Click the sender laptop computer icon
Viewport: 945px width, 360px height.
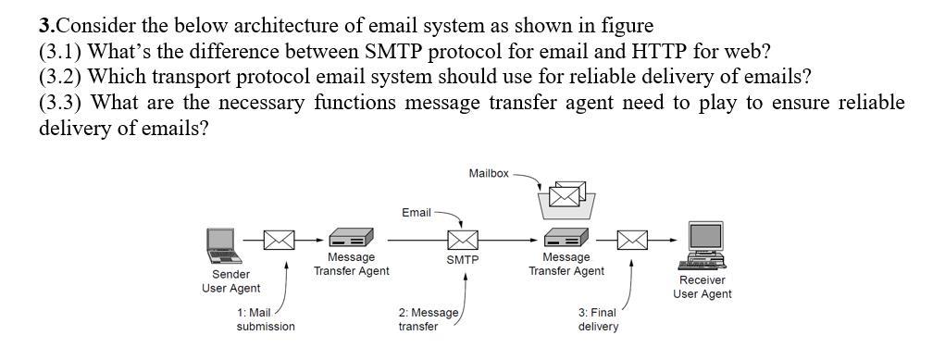point(220,242)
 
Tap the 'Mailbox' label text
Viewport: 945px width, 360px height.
point(488,173)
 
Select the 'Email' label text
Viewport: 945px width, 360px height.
point(416,213)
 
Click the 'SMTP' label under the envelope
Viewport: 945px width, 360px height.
point(462,260)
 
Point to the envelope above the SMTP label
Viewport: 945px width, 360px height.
point(462,240)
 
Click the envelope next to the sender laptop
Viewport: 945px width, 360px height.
point(279,240)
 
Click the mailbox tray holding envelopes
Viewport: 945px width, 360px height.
point(566,197)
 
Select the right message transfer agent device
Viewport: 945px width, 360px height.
point(566,238)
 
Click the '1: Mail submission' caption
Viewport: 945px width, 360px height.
point(265,319)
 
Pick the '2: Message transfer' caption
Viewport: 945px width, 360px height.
point(428,319)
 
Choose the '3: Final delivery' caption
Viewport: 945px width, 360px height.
point(598,319)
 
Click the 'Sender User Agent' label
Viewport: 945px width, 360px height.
point(230,281)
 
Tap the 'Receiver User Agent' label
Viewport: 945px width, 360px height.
point(702,287)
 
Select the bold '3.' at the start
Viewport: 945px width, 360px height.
point(47,25)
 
